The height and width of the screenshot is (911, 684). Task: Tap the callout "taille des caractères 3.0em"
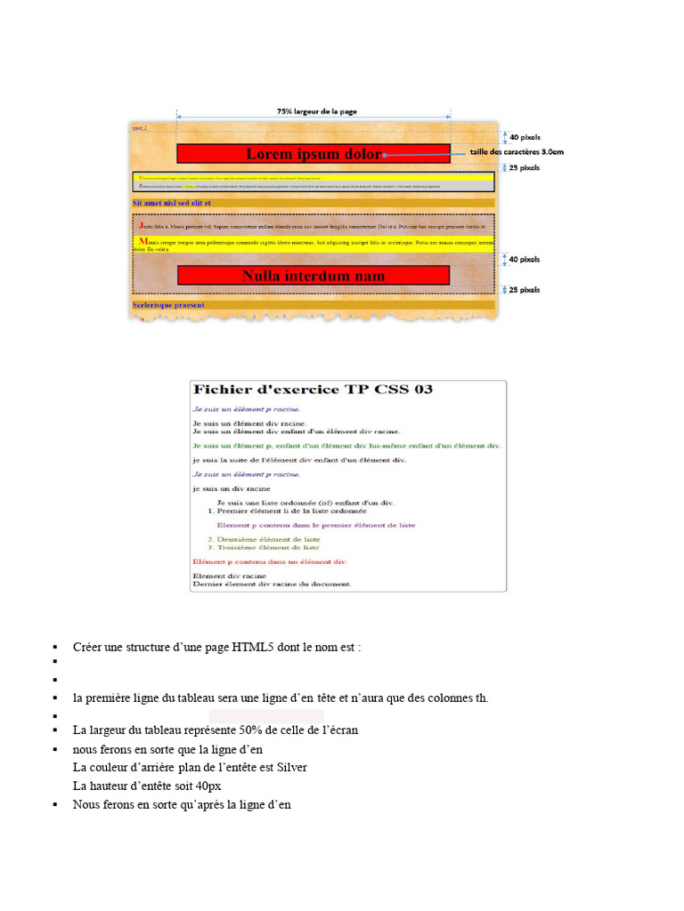point(517,152)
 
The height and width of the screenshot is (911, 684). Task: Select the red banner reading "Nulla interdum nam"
point(313,276)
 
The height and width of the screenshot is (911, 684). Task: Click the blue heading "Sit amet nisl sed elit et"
point(171,203)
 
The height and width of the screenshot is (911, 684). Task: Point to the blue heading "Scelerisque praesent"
point(168,305)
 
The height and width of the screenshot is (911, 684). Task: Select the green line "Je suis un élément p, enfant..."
point(346,445)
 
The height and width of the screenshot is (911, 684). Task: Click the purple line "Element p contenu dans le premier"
point(316,525)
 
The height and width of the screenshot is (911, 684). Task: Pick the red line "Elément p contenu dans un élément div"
point(269,562)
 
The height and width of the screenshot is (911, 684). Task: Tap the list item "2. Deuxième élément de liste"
point(264,539)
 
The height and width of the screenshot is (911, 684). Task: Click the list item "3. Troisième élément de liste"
point(264,547)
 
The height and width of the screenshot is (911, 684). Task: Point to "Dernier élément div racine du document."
point(272,584)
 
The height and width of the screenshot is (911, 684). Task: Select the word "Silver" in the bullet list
point(292,767)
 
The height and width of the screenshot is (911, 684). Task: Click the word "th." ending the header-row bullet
point(482,698)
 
